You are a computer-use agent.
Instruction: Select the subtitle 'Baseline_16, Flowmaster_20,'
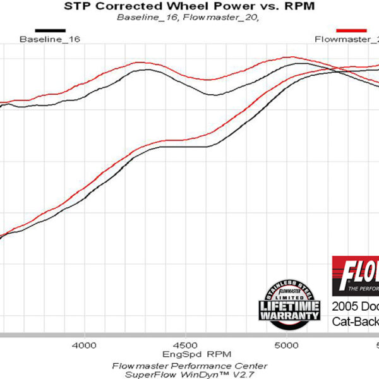pyautogui.click(x=188, y=17)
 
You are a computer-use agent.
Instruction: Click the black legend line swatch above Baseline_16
pyautogui.click(x=50, y=30)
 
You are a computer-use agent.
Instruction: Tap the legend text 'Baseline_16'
pyautogui.click(x=50, y=39)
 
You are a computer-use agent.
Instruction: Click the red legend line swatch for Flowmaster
pyautogui.click(x=351, y=30)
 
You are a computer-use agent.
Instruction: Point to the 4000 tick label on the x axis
pyautogui.click(x=83, y=346)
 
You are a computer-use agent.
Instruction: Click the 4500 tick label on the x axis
pyautogui.click(x=185, y=346)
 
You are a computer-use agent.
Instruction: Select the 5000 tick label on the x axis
pyautogui.click(x=287, y=346)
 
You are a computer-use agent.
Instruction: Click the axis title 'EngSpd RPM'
pyautogui.click(x=189, y=355)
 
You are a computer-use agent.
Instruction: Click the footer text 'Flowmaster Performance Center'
pyautogui.click(x=189, y=366)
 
